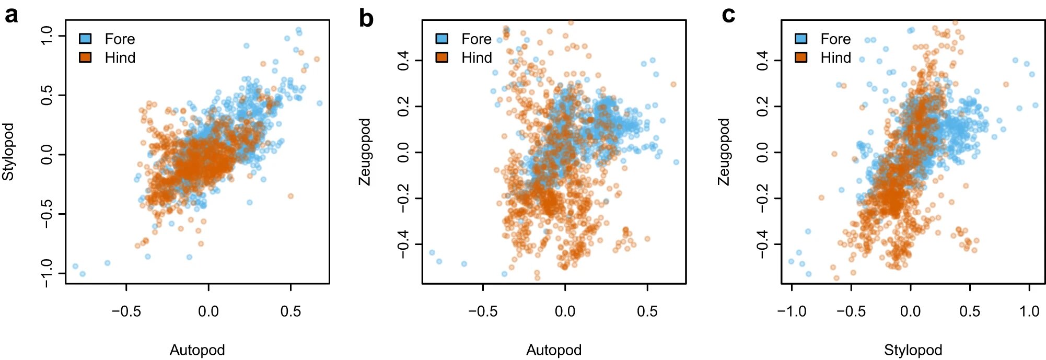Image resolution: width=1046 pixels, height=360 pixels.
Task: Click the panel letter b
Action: (366, 19)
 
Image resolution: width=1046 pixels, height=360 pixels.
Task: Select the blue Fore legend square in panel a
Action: (85, 39)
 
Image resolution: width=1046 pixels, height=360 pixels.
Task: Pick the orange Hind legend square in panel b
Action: (442, 57)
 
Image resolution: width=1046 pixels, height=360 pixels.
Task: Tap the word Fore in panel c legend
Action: (835, 39)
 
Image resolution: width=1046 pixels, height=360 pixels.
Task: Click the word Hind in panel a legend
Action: (120, 57)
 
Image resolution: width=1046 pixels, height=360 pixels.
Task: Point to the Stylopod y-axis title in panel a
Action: (8, 152)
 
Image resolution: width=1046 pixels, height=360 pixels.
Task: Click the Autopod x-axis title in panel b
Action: (554, 350)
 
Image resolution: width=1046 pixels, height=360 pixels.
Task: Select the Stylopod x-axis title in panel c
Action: (913, 350)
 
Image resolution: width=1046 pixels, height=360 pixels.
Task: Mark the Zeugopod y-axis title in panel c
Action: (724, 152)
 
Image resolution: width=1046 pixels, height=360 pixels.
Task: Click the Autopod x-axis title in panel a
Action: (197, 350)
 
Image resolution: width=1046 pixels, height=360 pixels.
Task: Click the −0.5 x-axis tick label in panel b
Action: (482, 312)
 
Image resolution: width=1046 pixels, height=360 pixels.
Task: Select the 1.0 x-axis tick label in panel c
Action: (1029, 312)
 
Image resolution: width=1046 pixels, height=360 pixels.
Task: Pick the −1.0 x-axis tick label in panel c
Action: (792, 312)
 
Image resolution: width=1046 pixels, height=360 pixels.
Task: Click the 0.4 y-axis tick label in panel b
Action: (403, 61)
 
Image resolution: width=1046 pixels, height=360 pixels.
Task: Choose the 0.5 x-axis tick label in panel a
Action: (290, 312)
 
